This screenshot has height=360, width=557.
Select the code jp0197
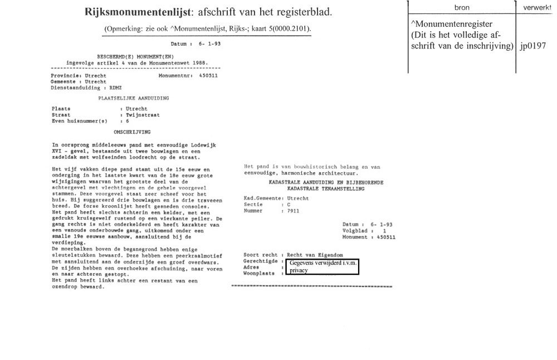tap(532, 47)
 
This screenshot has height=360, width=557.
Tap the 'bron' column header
tap(462, 8)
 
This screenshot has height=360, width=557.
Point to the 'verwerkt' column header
tap(538, 8)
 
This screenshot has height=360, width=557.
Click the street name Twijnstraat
tap(143, 115)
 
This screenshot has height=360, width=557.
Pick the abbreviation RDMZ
tap(115, 87)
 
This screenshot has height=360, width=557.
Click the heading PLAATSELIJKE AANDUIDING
tap(134, 98)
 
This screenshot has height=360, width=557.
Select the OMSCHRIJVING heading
tap(132, 132)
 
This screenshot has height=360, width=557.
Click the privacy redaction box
tap(322, 266)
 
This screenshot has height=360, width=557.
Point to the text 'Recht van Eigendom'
tap(316, 255)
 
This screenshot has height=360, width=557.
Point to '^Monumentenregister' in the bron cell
tap(451, 24)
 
